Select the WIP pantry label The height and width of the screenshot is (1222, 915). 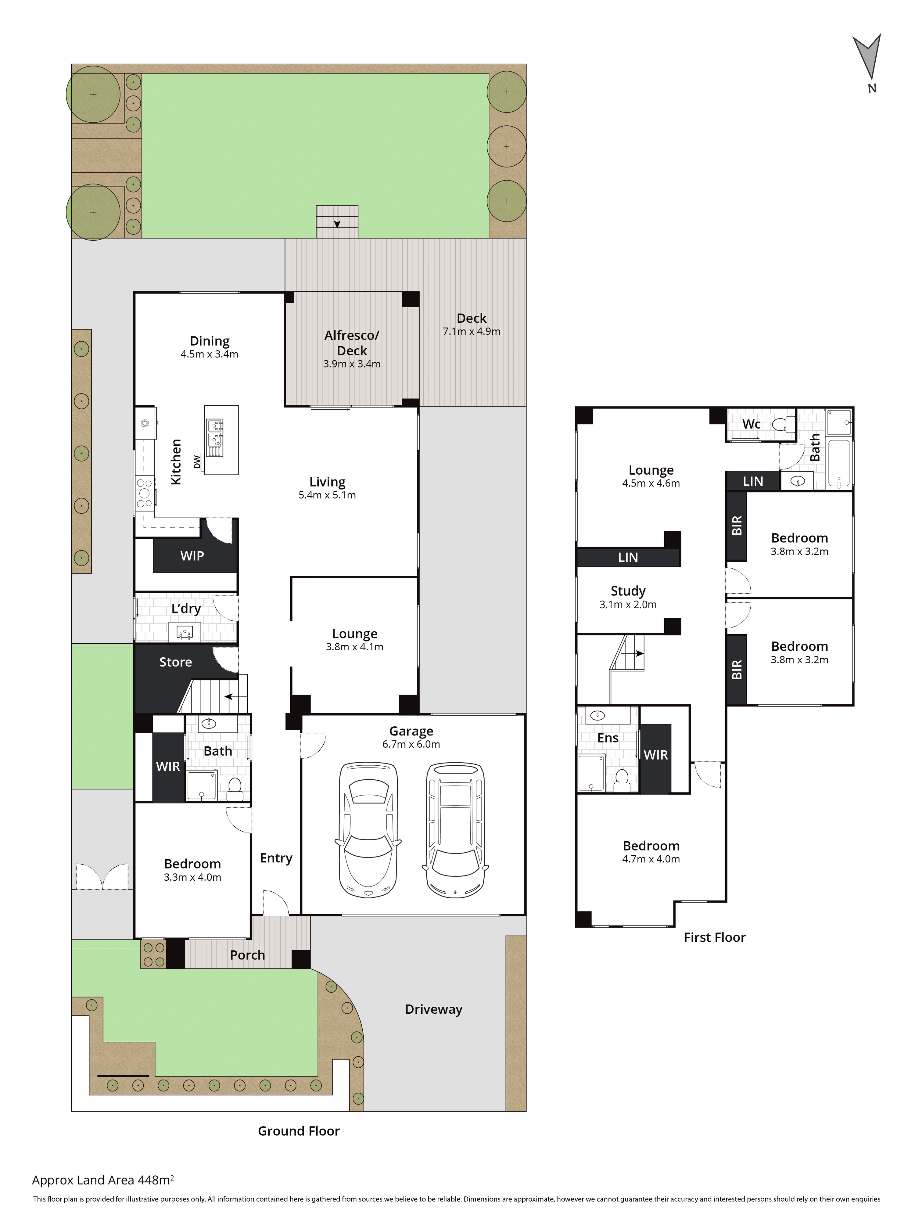coord(192,556)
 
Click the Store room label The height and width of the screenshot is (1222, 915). coord(176,662)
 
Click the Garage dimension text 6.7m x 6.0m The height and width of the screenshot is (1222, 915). coord(411,744)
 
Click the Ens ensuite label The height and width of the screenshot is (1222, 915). coord(608,738)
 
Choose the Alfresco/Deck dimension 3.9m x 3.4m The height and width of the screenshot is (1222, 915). coord(352,364)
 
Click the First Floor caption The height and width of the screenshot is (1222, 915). coord(715,937)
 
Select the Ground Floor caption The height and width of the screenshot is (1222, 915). coord(299,1131)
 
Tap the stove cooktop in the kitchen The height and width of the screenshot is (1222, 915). coord(145,493)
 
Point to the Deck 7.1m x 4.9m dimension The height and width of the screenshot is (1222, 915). coord(472,332)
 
